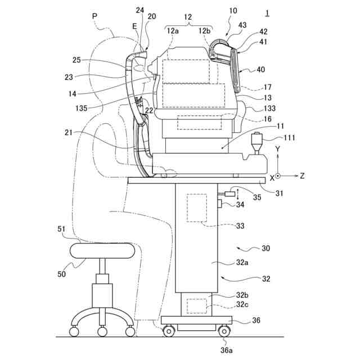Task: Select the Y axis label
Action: click(277, 149)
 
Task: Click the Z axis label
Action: click(302, 175)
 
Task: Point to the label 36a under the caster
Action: click(226, 349)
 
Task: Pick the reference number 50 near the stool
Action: click(61, 273)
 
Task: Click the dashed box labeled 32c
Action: click(197, 306)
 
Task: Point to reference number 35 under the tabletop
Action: click(257, 197)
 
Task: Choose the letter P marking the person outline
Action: click(94, 17)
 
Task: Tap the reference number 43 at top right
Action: click(242, 25)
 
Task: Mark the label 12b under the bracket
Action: click(204, 31)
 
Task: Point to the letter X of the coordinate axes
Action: click(272, 177)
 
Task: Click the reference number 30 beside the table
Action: click(266, 247)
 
